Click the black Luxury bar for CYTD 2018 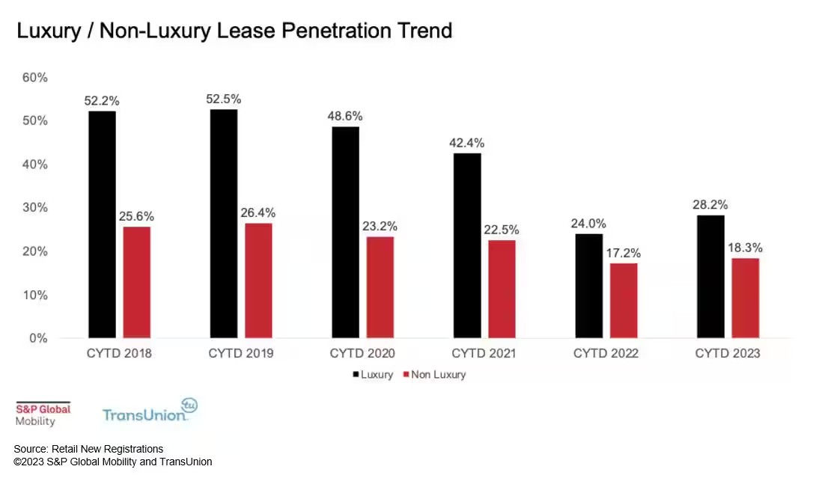point(102,224)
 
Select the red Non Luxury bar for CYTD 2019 point(258,281)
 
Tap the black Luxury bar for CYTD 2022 point(588,286)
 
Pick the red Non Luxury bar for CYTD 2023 point(745,298)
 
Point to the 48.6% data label point(345,116)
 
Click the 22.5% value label point(502,230)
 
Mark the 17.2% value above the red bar point(624,253)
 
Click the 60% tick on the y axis point(34,77)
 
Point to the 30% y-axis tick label point(34,207)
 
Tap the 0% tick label point(37,338)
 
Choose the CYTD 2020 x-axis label point(362,353)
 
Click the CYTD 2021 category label point(484,353)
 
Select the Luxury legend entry point(371,375)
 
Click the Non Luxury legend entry point(434,375)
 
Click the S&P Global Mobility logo point(43,414)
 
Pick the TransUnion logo point(149,411)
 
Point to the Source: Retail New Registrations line point(88,449)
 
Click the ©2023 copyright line point(113,462)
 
